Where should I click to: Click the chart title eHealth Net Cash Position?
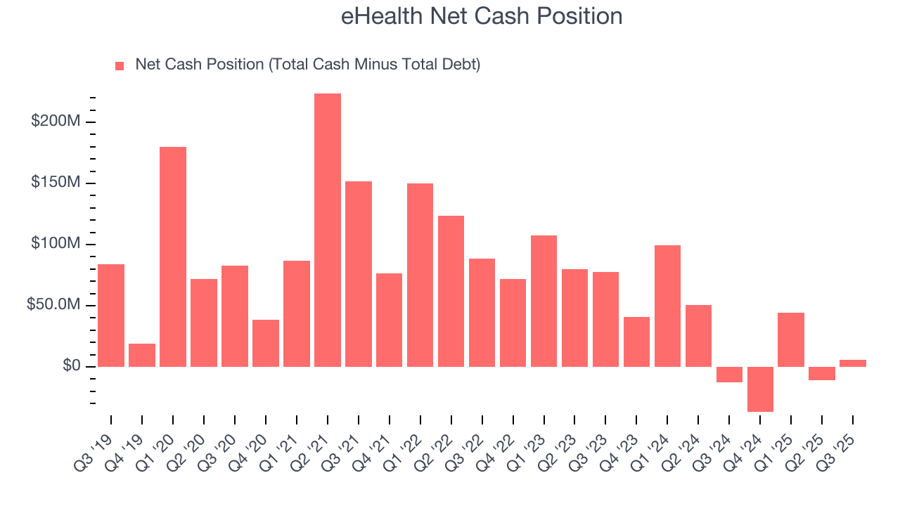482,16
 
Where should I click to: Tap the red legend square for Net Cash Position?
120,66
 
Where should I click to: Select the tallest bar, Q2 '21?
328,230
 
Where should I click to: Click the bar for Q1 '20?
173,257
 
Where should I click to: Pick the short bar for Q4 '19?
142,355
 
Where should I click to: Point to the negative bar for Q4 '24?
760,389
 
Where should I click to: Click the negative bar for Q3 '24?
729,375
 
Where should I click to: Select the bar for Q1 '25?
791,339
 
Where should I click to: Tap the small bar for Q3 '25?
853,363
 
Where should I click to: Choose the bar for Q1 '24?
667,306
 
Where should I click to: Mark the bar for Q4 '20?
266,343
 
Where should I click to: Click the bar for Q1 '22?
420,275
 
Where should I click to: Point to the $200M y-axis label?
56,122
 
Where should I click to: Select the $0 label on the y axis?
70,367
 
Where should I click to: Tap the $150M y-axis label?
56,183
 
